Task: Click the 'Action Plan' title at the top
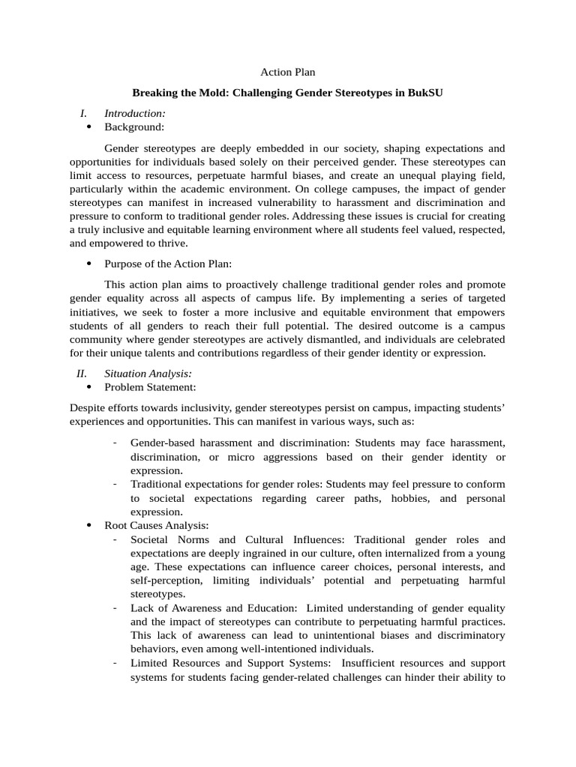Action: [287, 73]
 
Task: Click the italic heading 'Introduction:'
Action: [135, 113]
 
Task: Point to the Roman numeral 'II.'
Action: [82, 373]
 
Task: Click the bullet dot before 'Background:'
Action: [89, 127]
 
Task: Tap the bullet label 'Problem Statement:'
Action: [150, 387]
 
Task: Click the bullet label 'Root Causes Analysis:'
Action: [156, 526]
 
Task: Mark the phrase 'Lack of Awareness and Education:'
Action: [213, 607]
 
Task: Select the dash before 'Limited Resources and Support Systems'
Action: [115, 663]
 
